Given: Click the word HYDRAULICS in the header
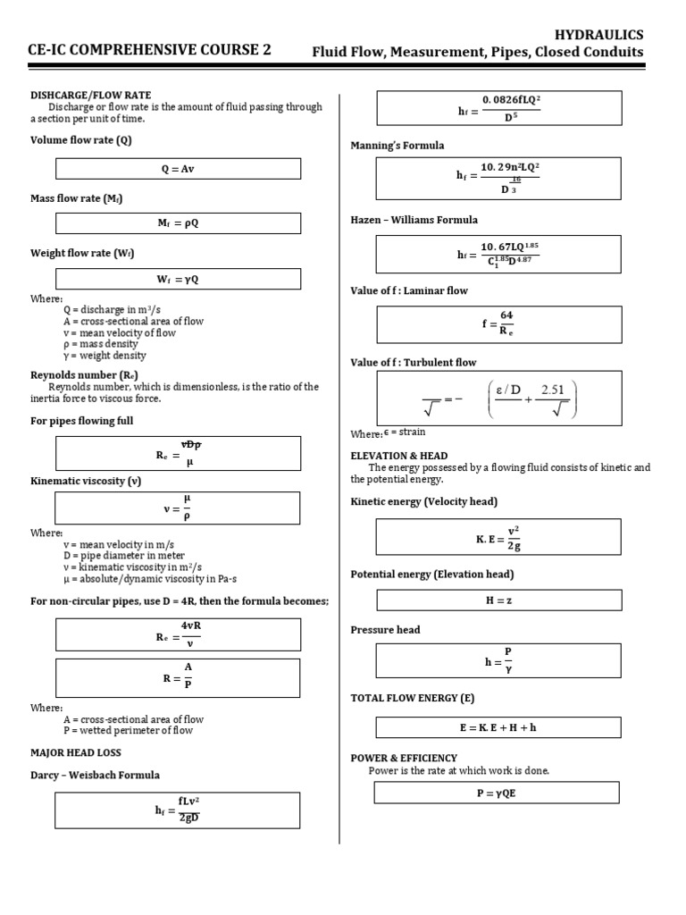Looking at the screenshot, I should pos(598,34).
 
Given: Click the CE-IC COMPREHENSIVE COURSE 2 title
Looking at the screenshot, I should pos(150,50).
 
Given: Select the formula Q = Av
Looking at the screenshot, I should pos(178,169).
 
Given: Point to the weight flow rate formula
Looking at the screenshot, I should pos(178,278).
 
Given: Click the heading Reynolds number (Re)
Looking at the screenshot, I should pos(84,374).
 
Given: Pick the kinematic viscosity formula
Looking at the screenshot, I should pos(178,507).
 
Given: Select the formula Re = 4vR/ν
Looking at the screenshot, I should pos(178,634).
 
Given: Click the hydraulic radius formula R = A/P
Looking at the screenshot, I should pos(178,677).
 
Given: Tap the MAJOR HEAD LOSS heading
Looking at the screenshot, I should pos(76,752).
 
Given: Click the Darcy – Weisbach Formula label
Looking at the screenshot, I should pos(96,775).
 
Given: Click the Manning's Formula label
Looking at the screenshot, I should pos(397,146).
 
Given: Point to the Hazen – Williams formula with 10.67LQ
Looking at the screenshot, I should pos(498,254).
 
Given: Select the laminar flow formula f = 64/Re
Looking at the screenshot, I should pos(498,324).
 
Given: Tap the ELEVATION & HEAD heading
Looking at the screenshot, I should pos(399,456).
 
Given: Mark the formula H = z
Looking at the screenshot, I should pos(498,601).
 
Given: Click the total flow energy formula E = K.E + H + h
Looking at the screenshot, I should pos(498,727).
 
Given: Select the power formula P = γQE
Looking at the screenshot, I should pos(497,793).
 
